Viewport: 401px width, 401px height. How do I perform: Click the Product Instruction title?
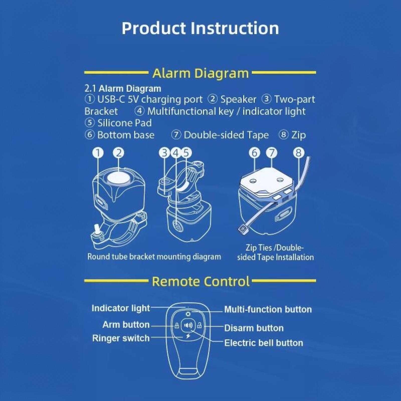[x=200, y=28]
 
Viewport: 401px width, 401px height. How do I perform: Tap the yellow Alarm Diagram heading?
[x=200, y=73]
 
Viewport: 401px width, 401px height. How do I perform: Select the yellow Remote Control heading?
[x=201, y=281]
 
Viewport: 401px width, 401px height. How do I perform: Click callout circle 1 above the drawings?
[x=98, y=153]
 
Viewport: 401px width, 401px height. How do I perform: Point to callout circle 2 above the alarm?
[x=119, y=153]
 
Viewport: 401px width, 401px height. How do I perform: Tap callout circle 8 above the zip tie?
[x=298, y=153]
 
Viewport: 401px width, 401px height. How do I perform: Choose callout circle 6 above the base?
[x=254, y=153]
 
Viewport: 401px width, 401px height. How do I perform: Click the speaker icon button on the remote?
[x=188, y=326]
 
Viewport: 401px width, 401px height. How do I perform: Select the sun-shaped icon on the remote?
[x=188, y=314]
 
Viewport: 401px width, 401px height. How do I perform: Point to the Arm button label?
[x=126, y=325]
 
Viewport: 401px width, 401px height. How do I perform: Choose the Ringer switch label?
[x=121, y=338]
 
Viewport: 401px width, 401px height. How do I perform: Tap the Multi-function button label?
[x=268, y=310]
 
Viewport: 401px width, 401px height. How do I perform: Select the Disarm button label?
[x=254, y=328]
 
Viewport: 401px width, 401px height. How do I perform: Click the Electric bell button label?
[x=264, y=343]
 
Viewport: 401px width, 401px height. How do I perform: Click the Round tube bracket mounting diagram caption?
[x=154, y=257]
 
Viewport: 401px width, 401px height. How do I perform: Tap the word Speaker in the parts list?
[x=238, y=99]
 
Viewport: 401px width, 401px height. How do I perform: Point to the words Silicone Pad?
[x=125, y=123]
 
